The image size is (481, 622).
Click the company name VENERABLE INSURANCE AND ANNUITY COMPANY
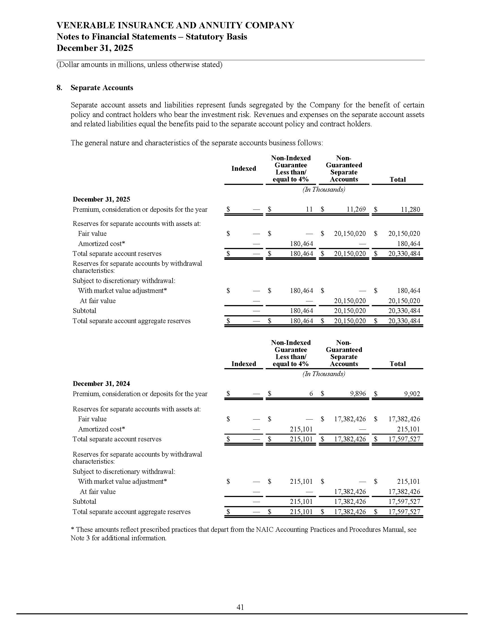tap(175, 25)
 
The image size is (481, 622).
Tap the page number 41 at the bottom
tap(240, 607)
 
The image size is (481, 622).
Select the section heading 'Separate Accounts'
tap(102, 88)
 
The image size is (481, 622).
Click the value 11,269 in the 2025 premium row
tap(356, 210)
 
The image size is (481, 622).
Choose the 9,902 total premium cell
tap(412, 394)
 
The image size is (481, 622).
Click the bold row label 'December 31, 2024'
tap(101, 384)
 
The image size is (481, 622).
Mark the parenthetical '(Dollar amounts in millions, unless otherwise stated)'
tap(139, 65)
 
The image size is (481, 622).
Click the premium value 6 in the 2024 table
tap(311, 394)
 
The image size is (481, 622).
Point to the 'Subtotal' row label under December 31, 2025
tap(84, 311)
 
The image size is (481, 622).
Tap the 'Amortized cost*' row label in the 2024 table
tap(102, 429)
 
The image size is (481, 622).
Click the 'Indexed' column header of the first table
tap(244, 169)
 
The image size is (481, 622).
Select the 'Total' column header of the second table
tap(398, 364)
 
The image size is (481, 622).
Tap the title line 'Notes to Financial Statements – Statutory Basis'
tap(152, 37)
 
